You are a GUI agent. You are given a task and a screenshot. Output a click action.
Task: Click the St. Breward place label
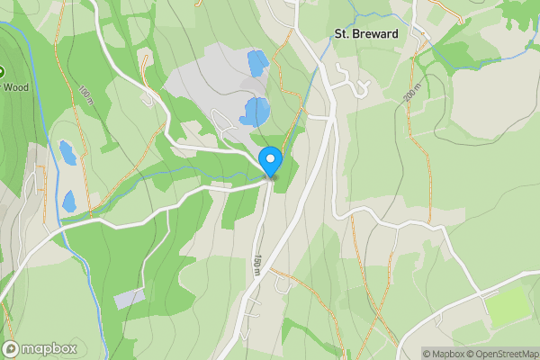coord(365,34)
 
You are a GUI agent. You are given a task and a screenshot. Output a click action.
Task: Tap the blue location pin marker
coord(271,161)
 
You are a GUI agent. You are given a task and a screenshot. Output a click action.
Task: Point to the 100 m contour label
coord(85,94)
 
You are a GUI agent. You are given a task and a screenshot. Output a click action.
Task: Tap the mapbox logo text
coord(49,348)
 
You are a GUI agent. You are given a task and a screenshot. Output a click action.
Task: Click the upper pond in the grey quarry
coord(256,63)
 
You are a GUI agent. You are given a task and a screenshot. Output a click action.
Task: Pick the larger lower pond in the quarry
coord(256,112)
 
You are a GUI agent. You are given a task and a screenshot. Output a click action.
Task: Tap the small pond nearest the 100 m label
coord(67,153)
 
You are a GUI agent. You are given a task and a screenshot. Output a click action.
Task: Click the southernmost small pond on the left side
coord(69,201)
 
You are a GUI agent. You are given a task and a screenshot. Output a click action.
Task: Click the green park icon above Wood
coord(3,71)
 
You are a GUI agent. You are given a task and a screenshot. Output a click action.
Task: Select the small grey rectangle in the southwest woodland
coord(129,297)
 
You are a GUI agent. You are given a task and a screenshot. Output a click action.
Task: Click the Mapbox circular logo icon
coord(12,348)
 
